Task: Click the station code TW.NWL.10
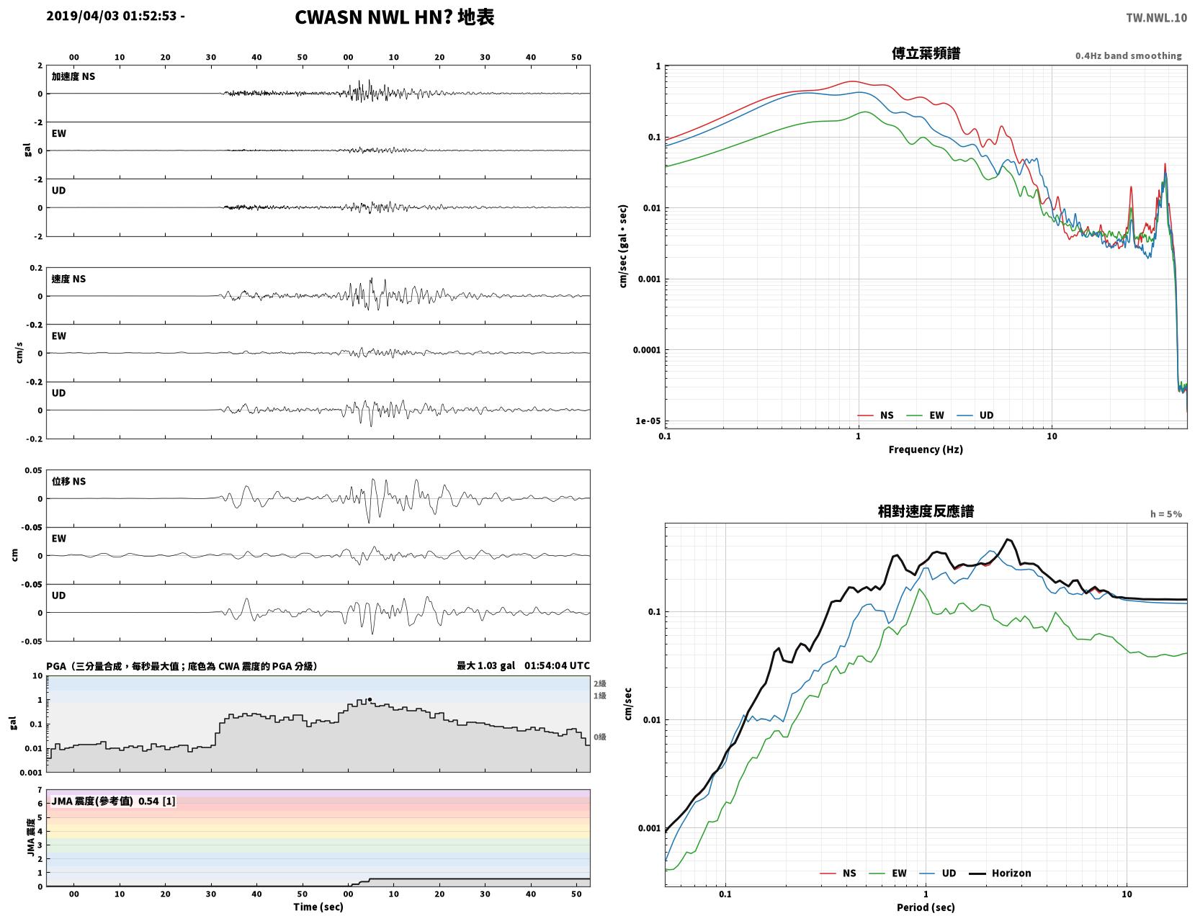pyautogui.click(x=1155, y=17)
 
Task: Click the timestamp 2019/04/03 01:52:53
pyautogui.click(x=111, y=16)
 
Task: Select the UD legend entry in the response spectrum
pyautogui.click(x=937, y=873)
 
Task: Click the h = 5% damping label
pyautogui.click(x=1165, y=514)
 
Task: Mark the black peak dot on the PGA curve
pyautogui.click(x=370, y=699)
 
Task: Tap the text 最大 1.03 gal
pyautogui.click(x=485, y=665)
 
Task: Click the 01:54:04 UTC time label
pyautogui.click(x=557, y=665)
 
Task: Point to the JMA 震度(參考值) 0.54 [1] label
pyautogui.click(x=113, y=801)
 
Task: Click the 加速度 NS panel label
pyautogui.click(x=73, y=76)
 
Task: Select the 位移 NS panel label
pyautogui.click(x=68, y=481)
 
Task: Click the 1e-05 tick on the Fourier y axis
pyautogui.click(x=648, y=421)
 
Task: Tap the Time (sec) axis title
pyautogui.click(x=318, y=906)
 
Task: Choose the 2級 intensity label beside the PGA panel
pyautogui.click(x=599, y=683)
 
